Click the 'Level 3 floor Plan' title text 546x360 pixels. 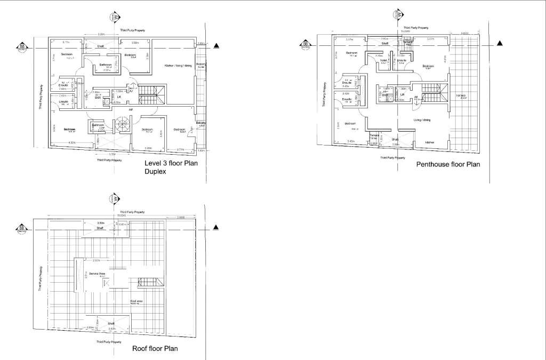(171, 163)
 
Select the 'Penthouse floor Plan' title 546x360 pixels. (448, 164)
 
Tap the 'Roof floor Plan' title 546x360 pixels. (155, 349)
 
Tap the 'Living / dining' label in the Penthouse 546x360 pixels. (422, 120)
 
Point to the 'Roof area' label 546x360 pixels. (136, 301)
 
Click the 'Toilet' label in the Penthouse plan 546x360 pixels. (383, 61)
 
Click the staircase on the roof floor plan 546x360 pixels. (147, 282)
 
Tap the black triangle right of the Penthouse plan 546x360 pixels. (500, 44)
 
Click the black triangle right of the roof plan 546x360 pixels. (216, 228)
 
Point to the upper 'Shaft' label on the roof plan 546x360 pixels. (99, 228)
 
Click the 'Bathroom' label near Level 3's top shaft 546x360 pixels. (106, 65)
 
